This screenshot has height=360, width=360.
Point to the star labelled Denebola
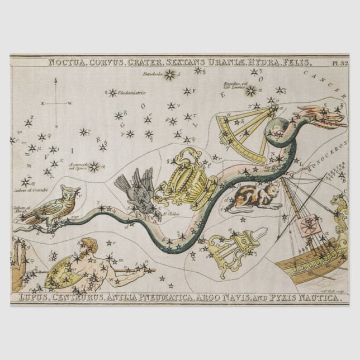[x=169, y=75]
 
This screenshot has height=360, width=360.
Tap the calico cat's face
[x=273, y=191]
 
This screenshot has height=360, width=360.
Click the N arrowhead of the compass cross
[x=55, y=80]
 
